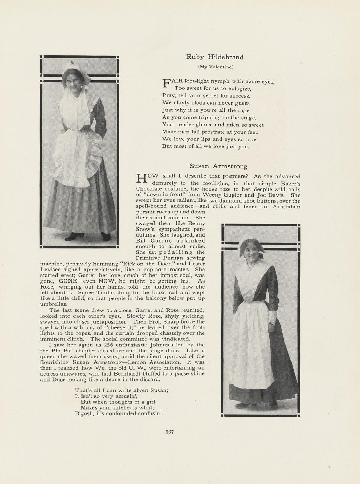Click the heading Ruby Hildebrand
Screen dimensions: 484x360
[x=215, y=57]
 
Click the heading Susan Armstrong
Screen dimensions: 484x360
[x=218, y=166]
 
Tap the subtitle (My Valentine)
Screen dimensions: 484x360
[x=216, y=67]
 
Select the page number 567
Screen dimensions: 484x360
[x=170, y=432]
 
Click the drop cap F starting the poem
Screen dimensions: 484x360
[x=166, y=83]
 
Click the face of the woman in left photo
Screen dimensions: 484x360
[x=73, y=81]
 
